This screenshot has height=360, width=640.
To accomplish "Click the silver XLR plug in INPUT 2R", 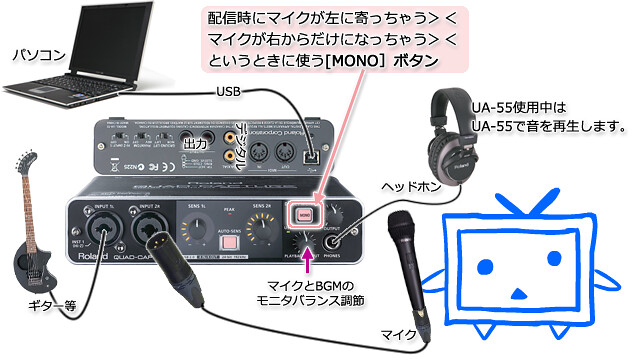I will coord(159,244).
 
